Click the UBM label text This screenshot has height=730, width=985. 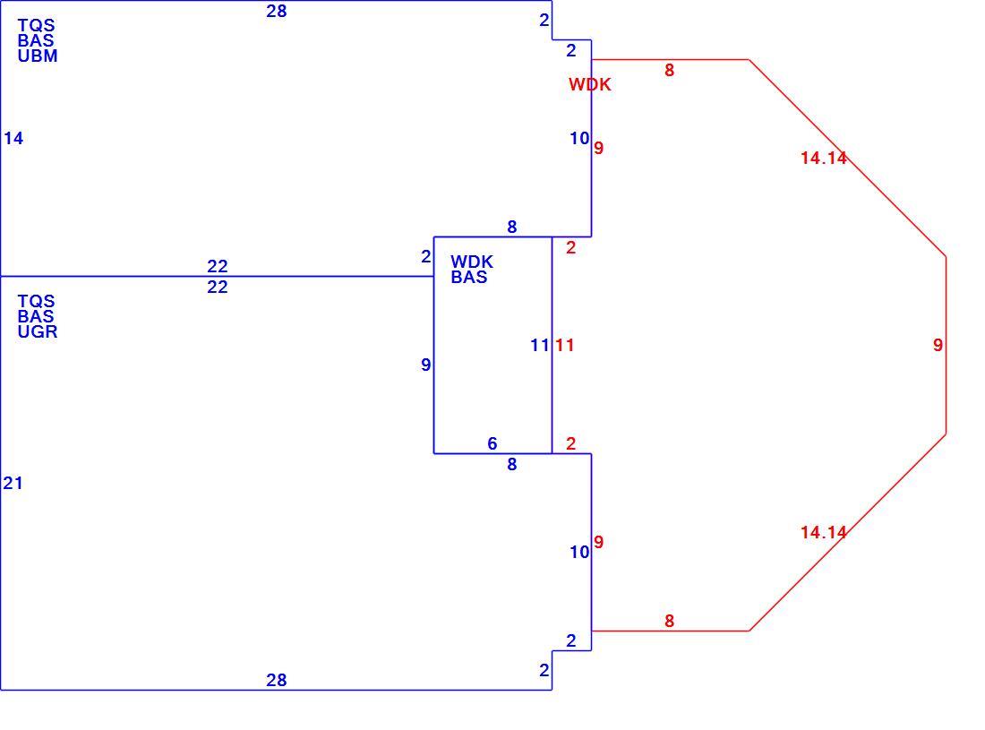[x=38, y=56]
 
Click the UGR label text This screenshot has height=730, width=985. [x=38, y=331]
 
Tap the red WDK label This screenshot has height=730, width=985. [x=590, y=85]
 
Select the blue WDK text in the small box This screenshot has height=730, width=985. [x=472, y=262]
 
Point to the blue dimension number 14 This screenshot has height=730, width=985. [x=13, y=138]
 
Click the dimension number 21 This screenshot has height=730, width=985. [x=13, y=483]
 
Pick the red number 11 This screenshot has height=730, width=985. [x=565, y=345]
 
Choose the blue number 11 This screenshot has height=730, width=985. [x=540, y=345]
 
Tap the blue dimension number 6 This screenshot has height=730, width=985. [x=492, y=443]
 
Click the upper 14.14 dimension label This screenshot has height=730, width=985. [x=824, y=158]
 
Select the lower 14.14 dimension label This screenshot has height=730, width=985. [x=824, y=532]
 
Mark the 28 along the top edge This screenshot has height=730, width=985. [x=277, y=11]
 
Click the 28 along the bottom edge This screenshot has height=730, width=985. [x=277, y=680]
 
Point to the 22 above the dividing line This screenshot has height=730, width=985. [x=218, y=266]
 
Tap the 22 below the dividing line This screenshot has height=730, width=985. [x=218, y=288]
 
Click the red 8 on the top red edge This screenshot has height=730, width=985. [x=670, y=71]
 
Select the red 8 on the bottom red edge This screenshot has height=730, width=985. [x=670, y=621]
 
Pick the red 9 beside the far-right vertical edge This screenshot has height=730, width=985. [x=938, y=345]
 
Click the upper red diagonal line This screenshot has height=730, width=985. [x=847, y=158]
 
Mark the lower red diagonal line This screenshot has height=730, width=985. [x=847, y=532]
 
